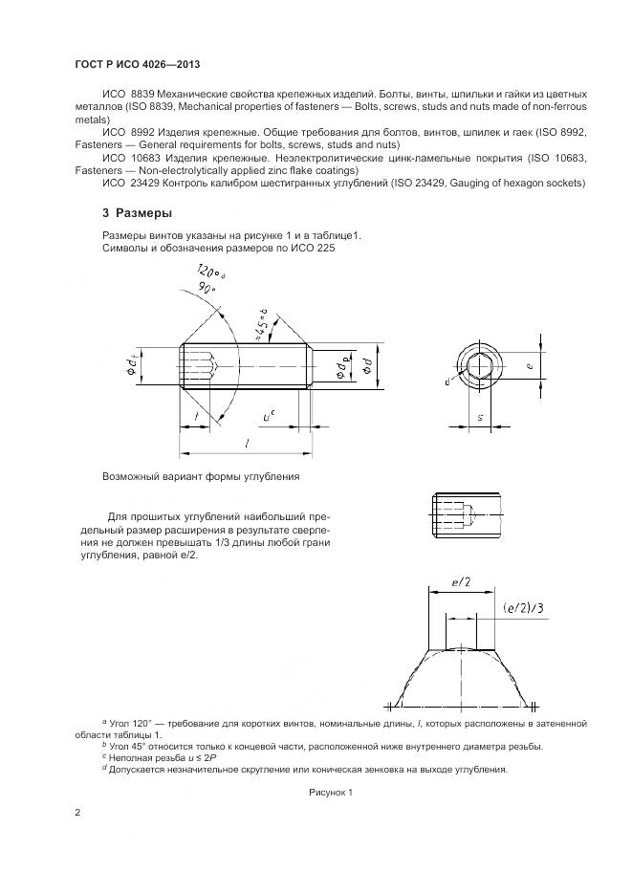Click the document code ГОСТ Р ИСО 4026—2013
click(x=142, y=64)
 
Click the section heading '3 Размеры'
click(x=139, y=212)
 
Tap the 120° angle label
click(x=208, y=272)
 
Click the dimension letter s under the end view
click(x=478, y=419)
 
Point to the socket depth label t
click(x=197, y=417)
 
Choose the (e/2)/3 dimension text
click(x=522, y=608)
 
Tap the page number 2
click(x=78, y=813)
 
